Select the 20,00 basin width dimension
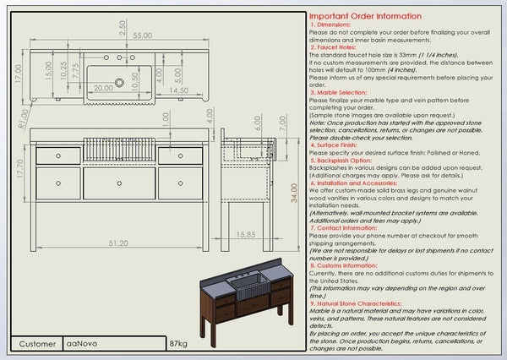104,88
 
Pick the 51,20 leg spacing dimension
118,243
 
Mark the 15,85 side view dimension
246,234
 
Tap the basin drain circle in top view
119,76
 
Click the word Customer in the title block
37,344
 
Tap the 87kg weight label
178,344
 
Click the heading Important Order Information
364,16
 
